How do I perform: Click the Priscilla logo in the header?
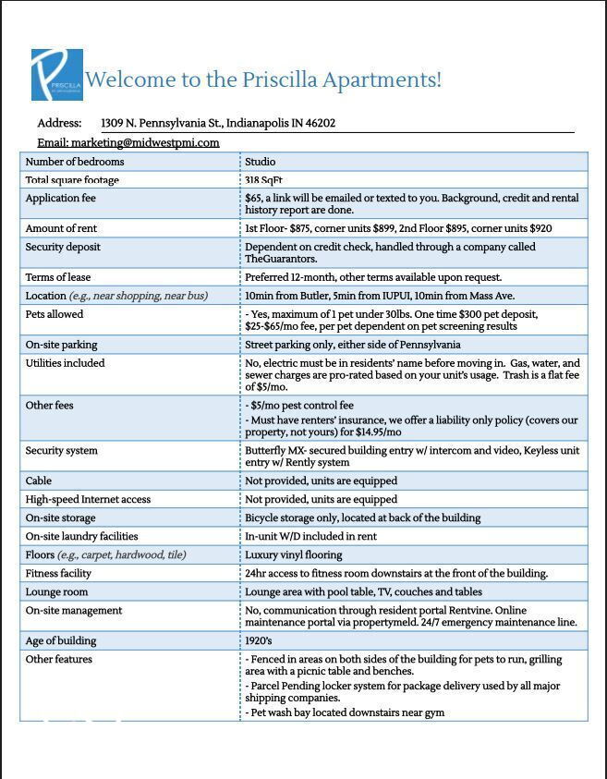pos(56,75)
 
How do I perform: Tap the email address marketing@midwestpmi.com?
pos(145,142)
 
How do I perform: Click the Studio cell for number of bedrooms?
pos(260,162)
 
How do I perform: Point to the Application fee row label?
pos(60,199)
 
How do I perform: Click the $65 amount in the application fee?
pos(253,199)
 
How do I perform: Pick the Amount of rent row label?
pos(63,228)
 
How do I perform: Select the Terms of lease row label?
pos(58,277)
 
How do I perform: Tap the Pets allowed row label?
pos(55,314)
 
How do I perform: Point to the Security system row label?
pos(61,451)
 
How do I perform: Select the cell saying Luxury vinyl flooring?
pos(293,555)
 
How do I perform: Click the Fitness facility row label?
pos(58,574)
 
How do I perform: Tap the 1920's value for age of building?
pos(259,641)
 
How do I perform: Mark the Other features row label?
pos(58,660)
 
